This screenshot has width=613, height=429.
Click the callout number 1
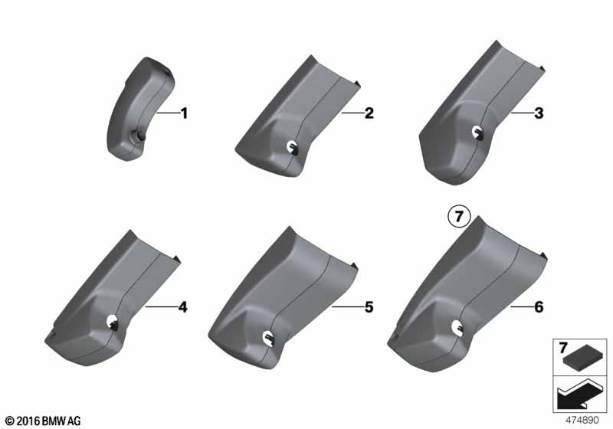click(184, 113)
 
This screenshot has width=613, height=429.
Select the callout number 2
click(369, 113)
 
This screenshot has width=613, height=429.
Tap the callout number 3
click(539, 113)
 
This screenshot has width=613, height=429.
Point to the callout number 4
click(182, 307)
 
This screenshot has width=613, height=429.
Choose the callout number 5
click(369, 307)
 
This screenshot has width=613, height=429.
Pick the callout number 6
click(539, 307)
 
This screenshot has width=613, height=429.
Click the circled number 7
click(459, 216)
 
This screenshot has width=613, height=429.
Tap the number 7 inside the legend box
click(563, 347)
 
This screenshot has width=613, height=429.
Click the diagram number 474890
click(582, 420)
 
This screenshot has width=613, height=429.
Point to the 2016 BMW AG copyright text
click(44, 421)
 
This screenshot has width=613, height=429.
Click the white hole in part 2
click(292, 146)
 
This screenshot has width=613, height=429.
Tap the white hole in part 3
click(477, 132)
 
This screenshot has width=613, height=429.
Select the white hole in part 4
click(113, 321)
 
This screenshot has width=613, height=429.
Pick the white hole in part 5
click(269, 337)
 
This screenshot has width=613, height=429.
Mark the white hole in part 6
click(457, 327)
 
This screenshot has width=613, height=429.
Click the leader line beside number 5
click(347, 307)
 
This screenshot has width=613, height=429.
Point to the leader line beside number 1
click(167, 113)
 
